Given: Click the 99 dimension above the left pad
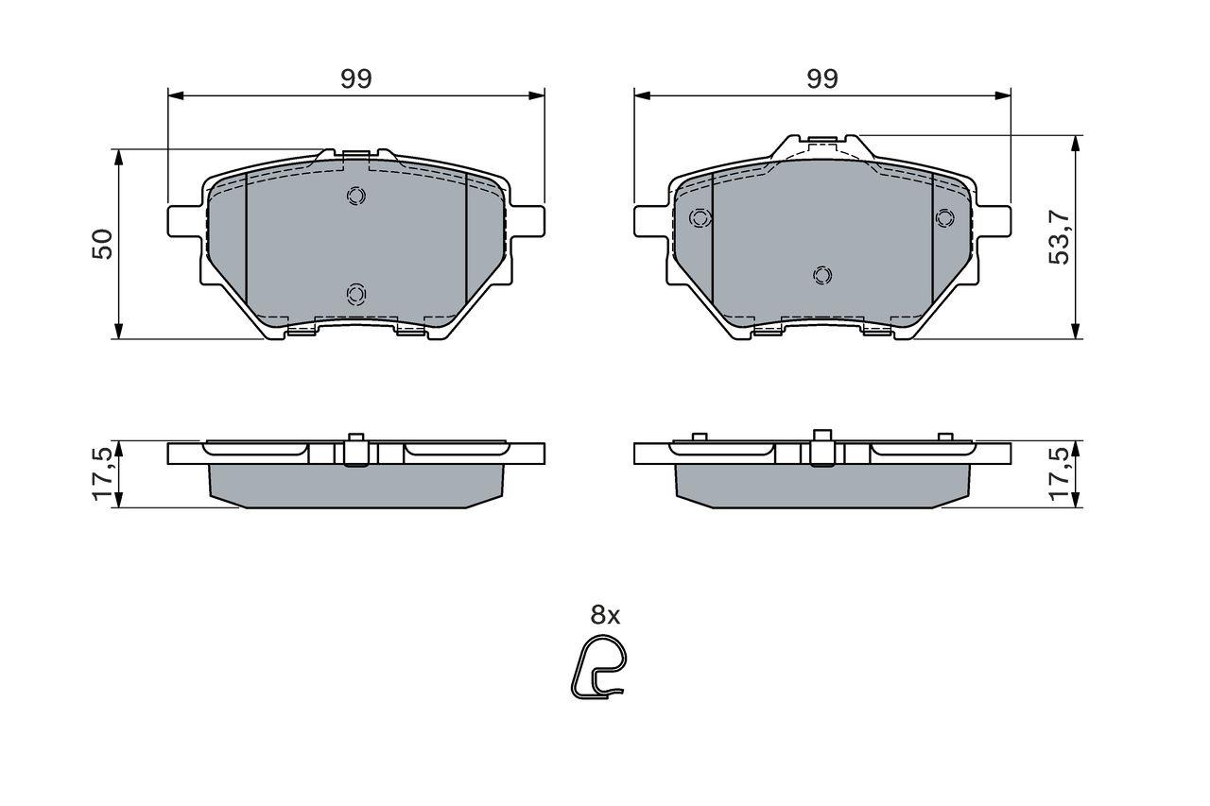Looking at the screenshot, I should point(356,79).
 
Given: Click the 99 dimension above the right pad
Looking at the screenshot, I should point(822,79).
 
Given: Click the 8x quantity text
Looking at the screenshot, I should point(605,615).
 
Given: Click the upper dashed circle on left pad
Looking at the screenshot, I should point(355,196).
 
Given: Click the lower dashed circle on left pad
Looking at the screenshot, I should point(355,294).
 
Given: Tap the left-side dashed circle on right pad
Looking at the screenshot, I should point(700,218).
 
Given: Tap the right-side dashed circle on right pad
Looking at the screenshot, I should point(944,218).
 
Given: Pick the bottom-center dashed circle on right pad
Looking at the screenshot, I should point(822,275).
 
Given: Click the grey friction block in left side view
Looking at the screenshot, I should point(355,486).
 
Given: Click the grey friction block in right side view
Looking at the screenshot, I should point(822,488).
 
